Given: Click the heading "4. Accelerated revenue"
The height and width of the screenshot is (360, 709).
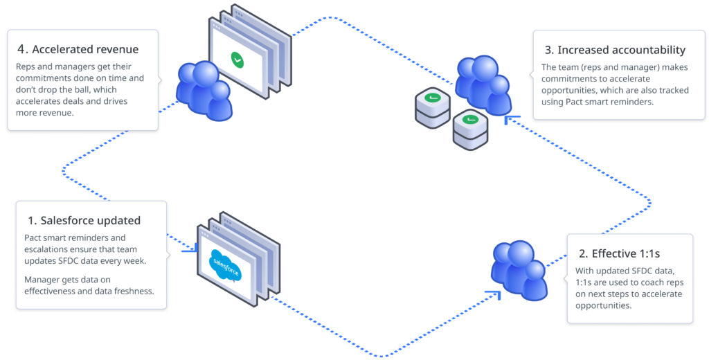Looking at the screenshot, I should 78,49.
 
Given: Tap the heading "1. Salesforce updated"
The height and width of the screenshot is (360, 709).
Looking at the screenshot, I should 84,220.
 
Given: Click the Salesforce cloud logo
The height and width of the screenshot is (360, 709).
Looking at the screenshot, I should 226,265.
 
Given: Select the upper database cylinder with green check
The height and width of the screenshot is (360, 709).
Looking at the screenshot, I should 432,104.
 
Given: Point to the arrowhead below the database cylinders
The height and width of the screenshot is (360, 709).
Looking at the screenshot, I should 509,120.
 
